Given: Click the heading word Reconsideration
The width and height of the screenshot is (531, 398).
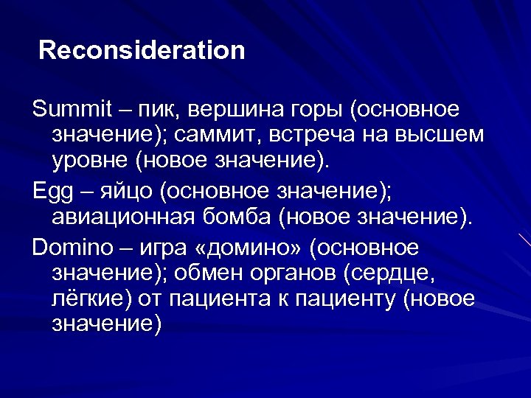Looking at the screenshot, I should tap(142, 51).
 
